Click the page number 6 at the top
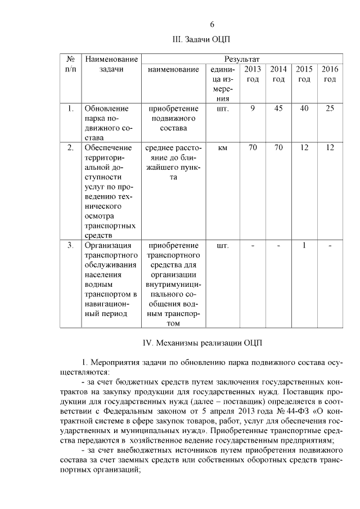(212, 24)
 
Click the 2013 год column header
(253, 74)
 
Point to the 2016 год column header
(330, 74)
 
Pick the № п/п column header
(71, 64)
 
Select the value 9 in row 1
(253, 109)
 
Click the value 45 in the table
(278, 109)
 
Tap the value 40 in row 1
(304, 109)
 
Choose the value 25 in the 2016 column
(330, 109)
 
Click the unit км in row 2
(222, 148)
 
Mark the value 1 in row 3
(304, 245)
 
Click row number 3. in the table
(70, 245)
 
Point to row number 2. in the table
(70, 148)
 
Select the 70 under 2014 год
(278, 148)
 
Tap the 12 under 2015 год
(304, 148)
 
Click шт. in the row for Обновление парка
(222, 109)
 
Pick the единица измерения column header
(222, 84)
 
